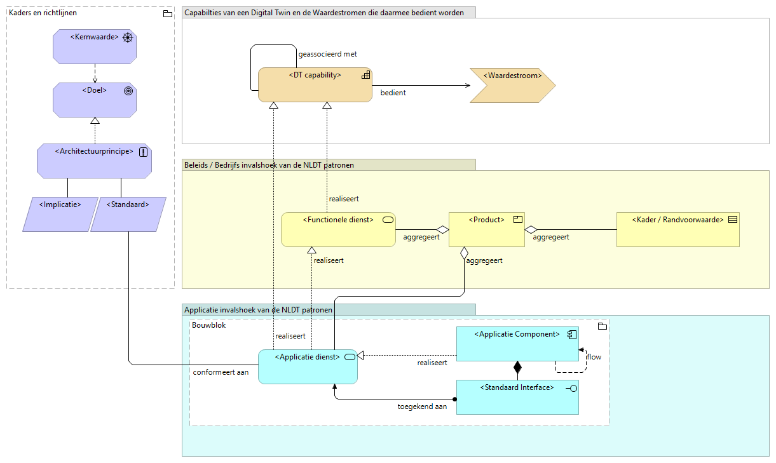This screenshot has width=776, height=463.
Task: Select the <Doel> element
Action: click(x=94, y=100)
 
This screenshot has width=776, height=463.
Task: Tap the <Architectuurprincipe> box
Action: click(x=94, y=160)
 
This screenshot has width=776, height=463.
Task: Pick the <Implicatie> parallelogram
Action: click(x=60, y=214)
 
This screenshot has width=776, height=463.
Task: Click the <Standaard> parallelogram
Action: click(x=128, y=214)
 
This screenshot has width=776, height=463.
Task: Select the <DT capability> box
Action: click(x=315, y=84)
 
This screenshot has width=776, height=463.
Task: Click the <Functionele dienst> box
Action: click(x=338, y=229)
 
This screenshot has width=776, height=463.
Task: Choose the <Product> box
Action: click(x=486, y=229)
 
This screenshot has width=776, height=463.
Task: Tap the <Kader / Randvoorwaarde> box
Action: click(x=677, y=229)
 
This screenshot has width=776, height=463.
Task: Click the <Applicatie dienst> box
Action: click(x=308, y=366)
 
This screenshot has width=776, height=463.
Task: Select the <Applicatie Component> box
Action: click(x=517, y=344)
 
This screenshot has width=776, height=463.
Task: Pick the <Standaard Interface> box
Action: click(x=517, y=397)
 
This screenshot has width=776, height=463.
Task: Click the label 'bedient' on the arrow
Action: click(x=393, y=93)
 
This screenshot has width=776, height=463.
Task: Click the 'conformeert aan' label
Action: click(x=221, y=372)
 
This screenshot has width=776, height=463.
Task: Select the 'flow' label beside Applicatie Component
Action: click(x=594, y=357)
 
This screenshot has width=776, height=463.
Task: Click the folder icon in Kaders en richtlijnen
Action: click(x=168, y=13)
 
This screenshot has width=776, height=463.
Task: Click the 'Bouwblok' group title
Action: click(x=208, y=325)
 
